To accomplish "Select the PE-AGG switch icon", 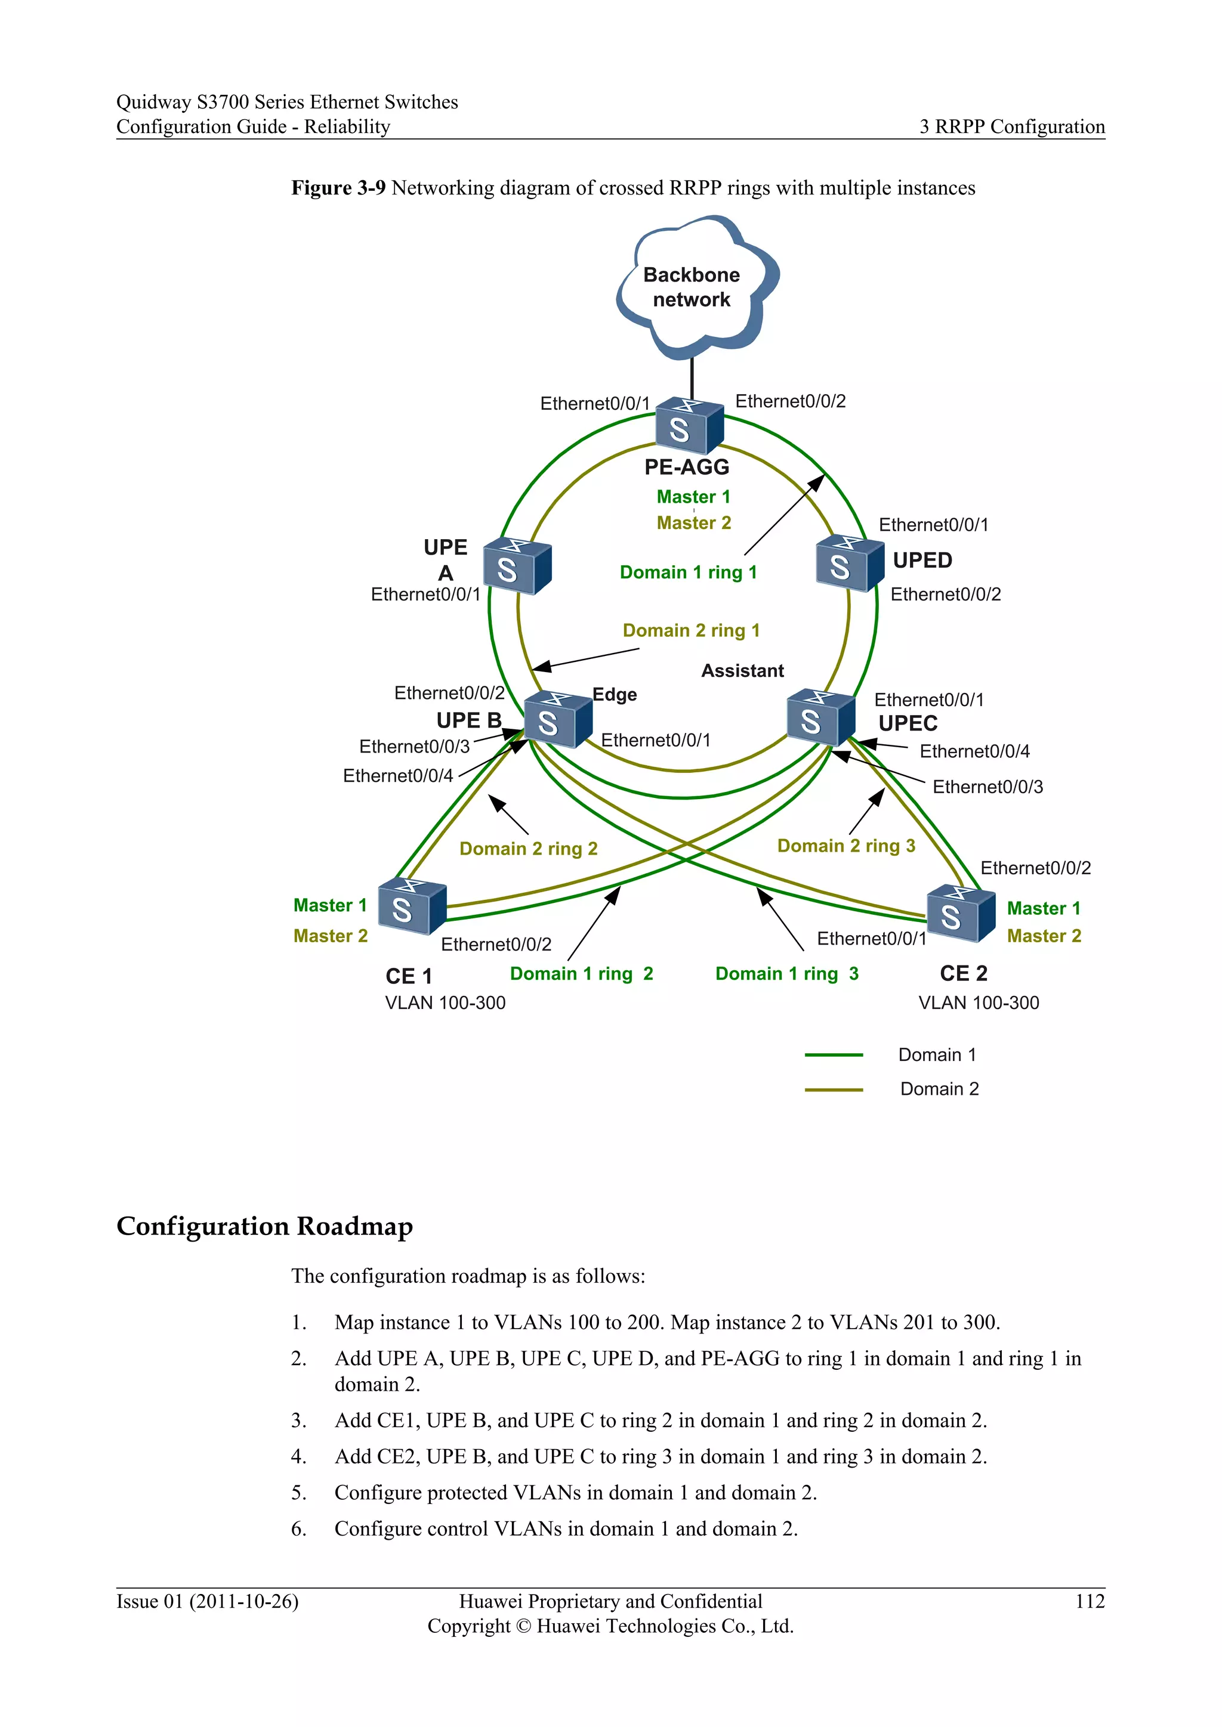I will [688, 426].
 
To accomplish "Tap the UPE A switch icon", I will [516, 566].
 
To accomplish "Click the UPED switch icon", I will [849, 564].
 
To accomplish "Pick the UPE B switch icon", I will [557, 719].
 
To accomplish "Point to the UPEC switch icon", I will [820, 717].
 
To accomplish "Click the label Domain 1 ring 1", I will [688, 572].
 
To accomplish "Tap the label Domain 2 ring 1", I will [691, 630].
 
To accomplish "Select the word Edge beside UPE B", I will [614, 694].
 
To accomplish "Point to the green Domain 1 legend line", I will [833, 1056].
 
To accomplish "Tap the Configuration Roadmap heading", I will [264, 1227].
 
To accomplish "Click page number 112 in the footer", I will [1089, 1601].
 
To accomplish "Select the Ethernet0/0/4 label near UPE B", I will [398, 775].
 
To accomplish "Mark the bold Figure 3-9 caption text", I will [338, 188].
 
